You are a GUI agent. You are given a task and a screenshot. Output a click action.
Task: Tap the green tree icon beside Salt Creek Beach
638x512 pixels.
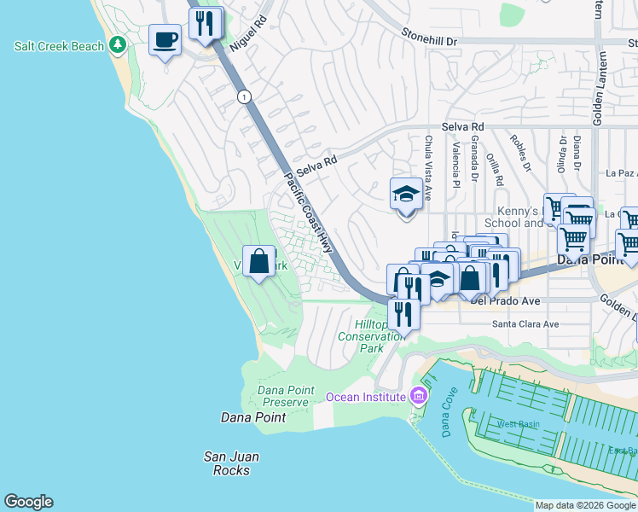point(115,45)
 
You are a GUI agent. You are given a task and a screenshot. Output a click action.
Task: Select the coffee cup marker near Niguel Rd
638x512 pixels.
point(165,38)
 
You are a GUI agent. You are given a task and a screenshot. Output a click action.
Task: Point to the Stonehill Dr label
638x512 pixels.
point(430,40)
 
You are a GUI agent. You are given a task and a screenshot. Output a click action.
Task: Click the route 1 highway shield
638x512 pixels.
point(245,96)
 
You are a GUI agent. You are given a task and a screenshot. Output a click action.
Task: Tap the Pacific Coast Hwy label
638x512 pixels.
point(308,212)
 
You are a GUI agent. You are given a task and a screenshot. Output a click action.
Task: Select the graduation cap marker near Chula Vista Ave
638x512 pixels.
point(406,195)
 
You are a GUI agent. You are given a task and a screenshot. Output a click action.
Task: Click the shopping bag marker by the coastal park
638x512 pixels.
point(258,261)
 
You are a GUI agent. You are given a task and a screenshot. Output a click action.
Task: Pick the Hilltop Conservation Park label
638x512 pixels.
point(383,336)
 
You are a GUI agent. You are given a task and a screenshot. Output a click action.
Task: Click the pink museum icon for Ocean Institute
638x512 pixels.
point(417,396)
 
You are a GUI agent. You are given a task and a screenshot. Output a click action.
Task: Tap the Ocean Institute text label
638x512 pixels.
point(365,397)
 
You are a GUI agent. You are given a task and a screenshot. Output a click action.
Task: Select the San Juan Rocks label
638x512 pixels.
point(231,463)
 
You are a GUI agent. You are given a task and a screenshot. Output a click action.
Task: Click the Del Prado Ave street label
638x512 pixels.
point(505,301)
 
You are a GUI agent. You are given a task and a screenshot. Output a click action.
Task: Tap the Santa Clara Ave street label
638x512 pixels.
point(525,324)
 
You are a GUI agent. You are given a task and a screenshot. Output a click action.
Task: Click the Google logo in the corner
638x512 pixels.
point(28,502)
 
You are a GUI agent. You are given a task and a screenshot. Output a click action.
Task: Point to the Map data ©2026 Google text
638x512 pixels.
point(585,505)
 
